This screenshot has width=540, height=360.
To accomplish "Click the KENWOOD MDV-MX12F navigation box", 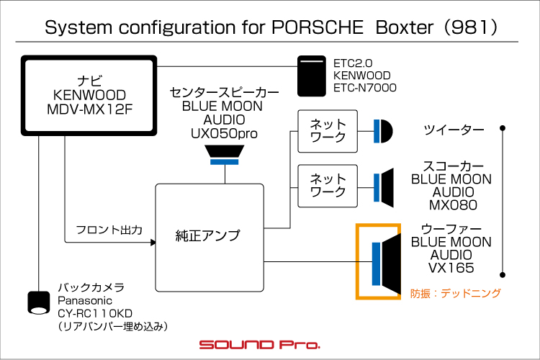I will (x=90, y=94).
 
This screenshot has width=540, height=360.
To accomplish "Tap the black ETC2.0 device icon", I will (x=313, y=76).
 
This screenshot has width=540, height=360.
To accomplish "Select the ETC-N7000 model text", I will (x=365, y=88).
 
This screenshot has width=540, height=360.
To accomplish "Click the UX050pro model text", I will (x=224, y=133).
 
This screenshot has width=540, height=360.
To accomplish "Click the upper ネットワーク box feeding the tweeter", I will (x=328, y=130).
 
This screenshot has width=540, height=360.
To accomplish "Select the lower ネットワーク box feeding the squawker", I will (x=328, y=186).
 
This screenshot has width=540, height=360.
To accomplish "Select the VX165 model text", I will (x=451, y=269).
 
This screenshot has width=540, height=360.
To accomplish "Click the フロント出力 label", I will (x=109, y=230).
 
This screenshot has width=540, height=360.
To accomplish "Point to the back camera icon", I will (x=37, y=302).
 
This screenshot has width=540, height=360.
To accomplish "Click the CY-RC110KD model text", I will (x=96, y=313).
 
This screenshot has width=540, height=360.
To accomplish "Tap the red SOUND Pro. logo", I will (x=259, y=344).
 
